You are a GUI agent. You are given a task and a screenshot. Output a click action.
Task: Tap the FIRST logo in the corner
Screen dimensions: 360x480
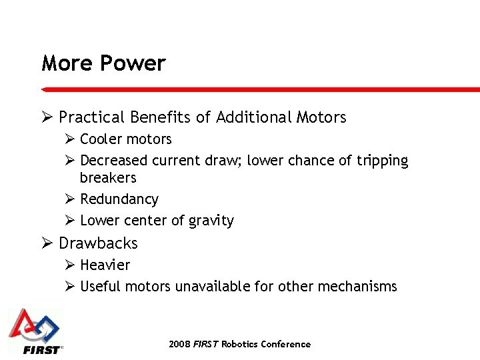[x=35, y=331]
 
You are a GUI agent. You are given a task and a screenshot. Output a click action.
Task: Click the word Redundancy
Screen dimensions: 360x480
[x=119, y=199]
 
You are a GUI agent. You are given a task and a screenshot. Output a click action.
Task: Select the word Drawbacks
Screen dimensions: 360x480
[x=98, y=243]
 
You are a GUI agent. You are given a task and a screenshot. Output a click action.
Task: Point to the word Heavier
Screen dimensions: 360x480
[x=105, y=265]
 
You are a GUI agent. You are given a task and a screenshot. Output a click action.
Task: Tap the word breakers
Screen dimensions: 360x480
[x=108, y=178]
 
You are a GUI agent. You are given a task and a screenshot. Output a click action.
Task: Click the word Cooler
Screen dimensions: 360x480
[x=101, y=139]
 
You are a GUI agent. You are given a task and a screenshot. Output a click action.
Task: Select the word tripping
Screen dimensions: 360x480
[x=382, y=161]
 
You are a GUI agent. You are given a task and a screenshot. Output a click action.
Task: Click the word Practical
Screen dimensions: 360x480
[x=91, y=118]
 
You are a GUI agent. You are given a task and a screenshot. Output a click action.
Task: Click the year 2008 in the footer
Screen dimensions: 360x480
[x=179, y=344]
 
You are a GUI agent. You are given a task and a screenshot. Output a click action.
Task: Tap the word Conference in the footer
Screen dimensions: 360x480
[x=285, y=344]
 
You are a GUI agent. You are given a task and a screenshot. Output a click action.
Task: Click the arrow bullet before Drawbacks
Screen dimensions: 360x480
[x=47, y=243]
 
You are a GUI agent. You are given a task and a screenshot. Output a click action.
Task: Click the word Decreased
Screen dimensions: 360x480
[x=114, y=161]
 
